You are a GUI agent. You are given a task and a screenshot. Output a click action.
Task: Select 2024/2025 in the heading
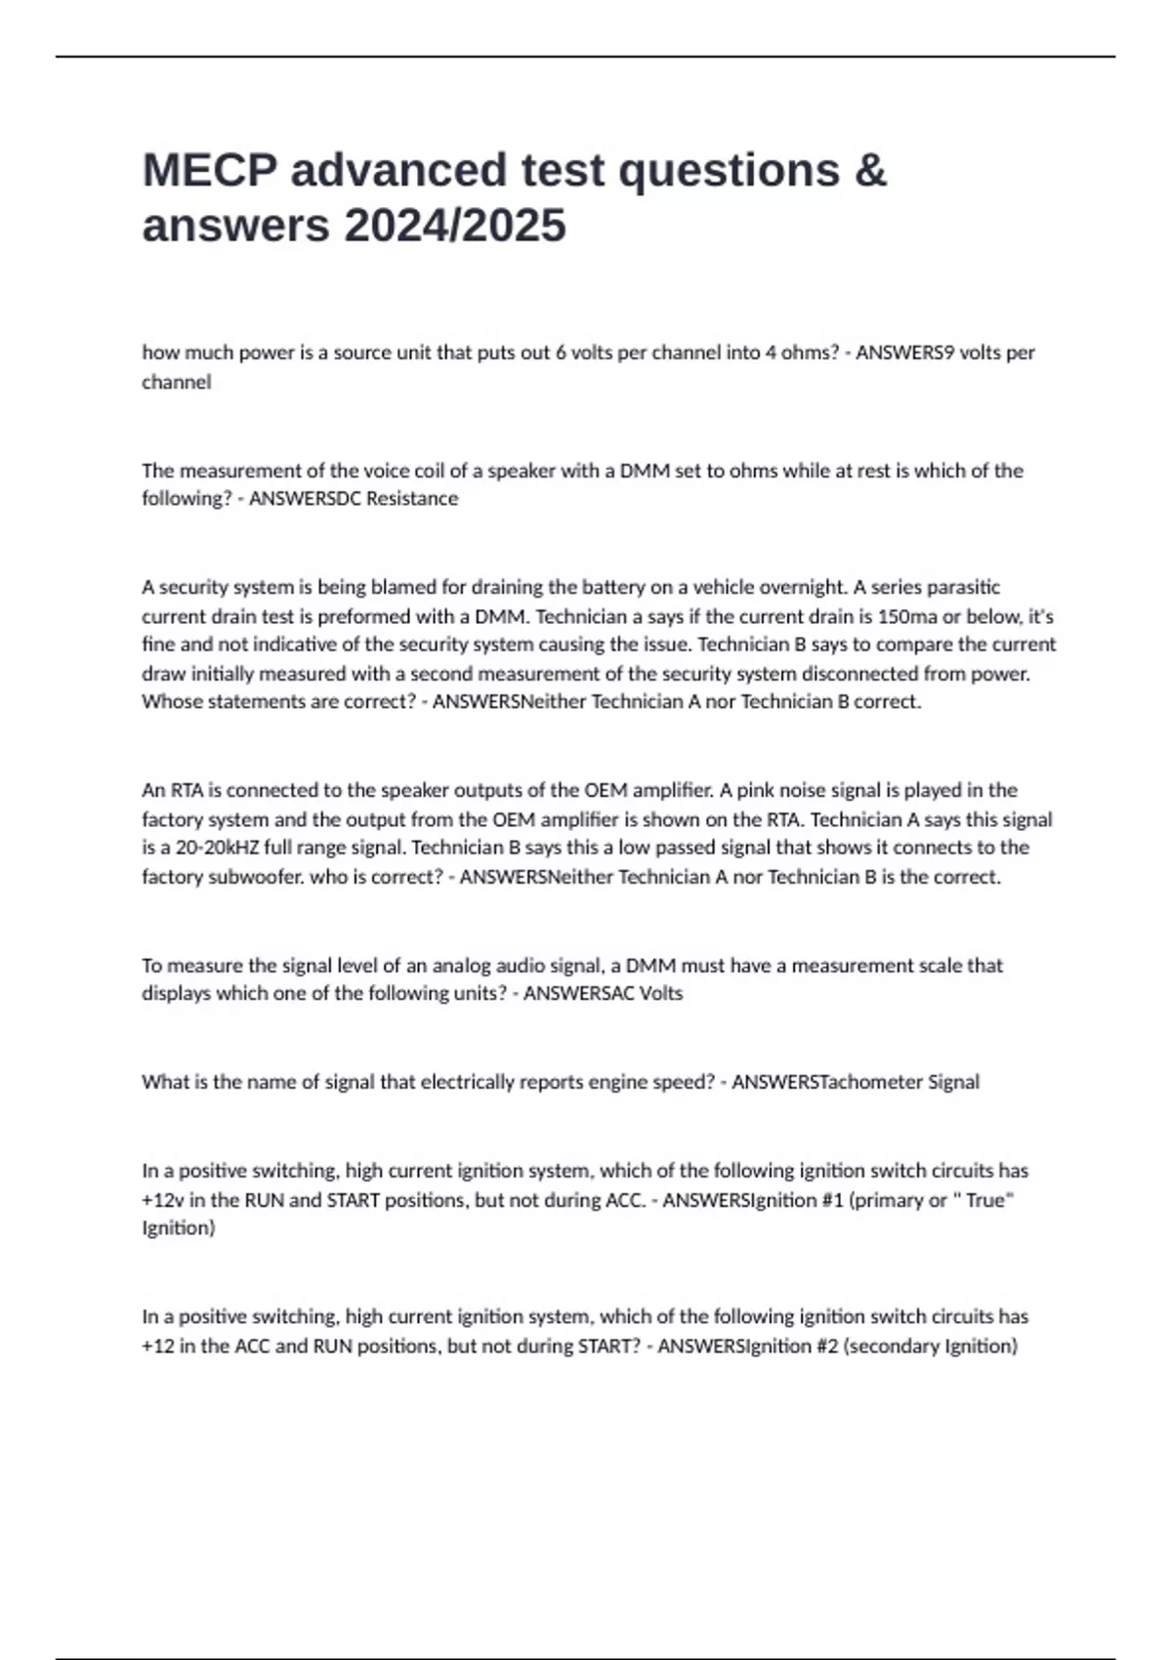[454, 226]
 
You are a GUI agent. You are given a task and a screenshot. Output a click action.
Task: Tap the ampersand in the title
[869, 170]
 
